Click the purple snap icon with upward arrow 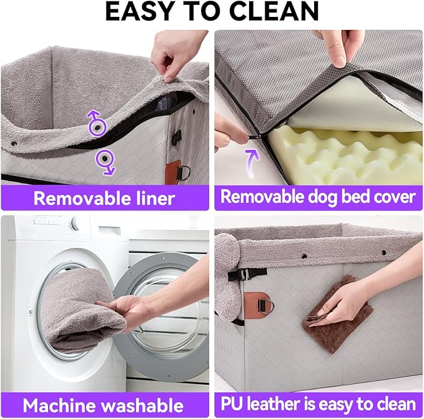tap(96, 124)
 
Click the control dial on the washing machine tap(75, 223)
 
